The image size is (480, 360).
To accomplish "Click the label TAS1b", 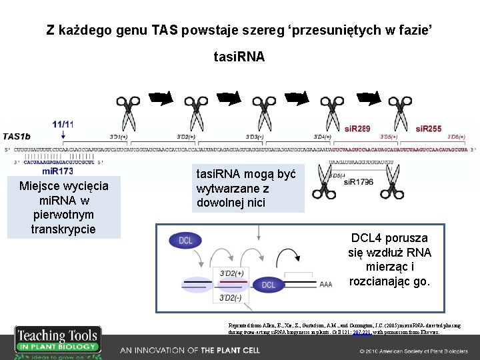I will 17,135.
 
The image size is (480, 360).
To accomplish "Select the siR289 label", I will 357,128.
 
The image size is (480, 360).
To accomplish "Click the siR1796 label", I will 359,181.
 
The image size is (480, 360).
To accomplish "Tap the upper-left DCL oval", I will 185,241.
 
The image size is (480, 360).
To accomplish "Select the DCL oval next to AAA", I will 268,285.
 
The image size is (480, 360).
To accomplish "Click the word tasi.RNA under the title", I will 239,57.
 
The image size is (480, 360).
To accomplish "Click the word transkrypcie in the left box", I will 64,229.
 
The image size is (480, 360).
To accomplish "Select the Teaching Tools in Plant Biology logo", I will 57,341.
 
